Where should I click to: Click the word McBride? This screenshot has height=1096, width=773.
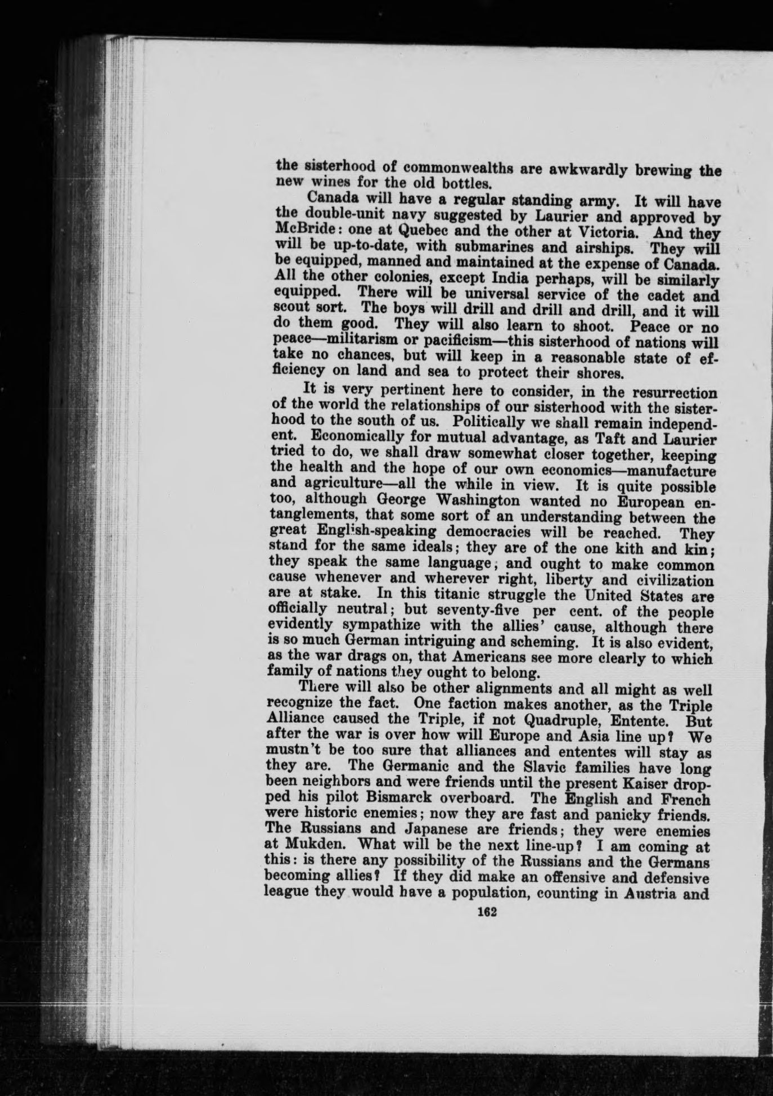point(304,232)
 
